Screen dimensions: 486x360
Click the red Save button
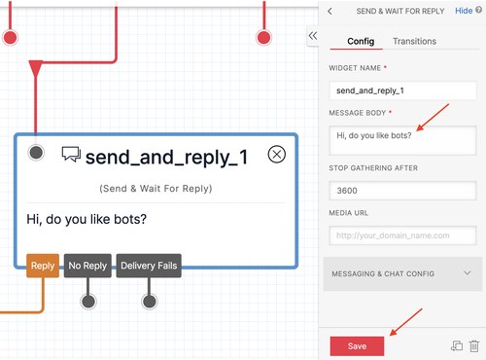[357, 345]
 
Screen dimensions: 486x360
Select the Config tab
[361, 41]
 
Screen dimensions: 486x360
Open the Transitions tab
[413, 41]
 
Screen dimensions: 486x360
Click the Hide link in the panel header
[463, 11]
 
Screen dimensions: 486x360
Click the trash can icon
[473, 344]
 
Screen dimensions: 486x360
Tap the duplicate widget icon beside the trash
[456, 344]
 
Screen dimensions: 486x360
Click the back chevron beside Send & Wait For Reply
[330, 11]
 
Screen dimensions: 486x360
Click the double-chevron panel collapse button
[313, 35]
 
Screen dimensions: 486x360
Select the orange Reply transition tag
[43, 265]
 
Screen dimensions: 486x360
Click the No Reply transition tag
[87, 265]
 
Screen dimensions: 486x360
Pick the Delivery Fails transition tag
[149, 265]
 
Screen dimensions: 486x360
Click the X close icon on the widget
[277, 154]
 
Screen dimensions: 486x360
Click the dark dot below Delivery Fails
[149, 301]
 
